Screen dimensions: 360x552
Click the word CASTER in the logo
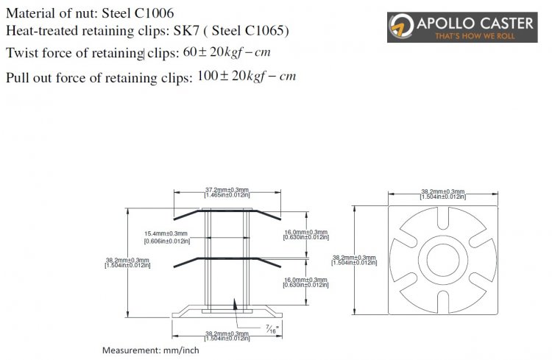(506, 23)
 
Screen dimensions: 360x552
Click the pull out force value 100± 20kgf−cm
(247, 76)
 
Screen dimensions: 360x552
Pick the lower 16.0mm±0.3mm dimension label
(305, 282)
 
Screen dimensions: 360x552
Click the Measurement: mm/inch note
(150, 350)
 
